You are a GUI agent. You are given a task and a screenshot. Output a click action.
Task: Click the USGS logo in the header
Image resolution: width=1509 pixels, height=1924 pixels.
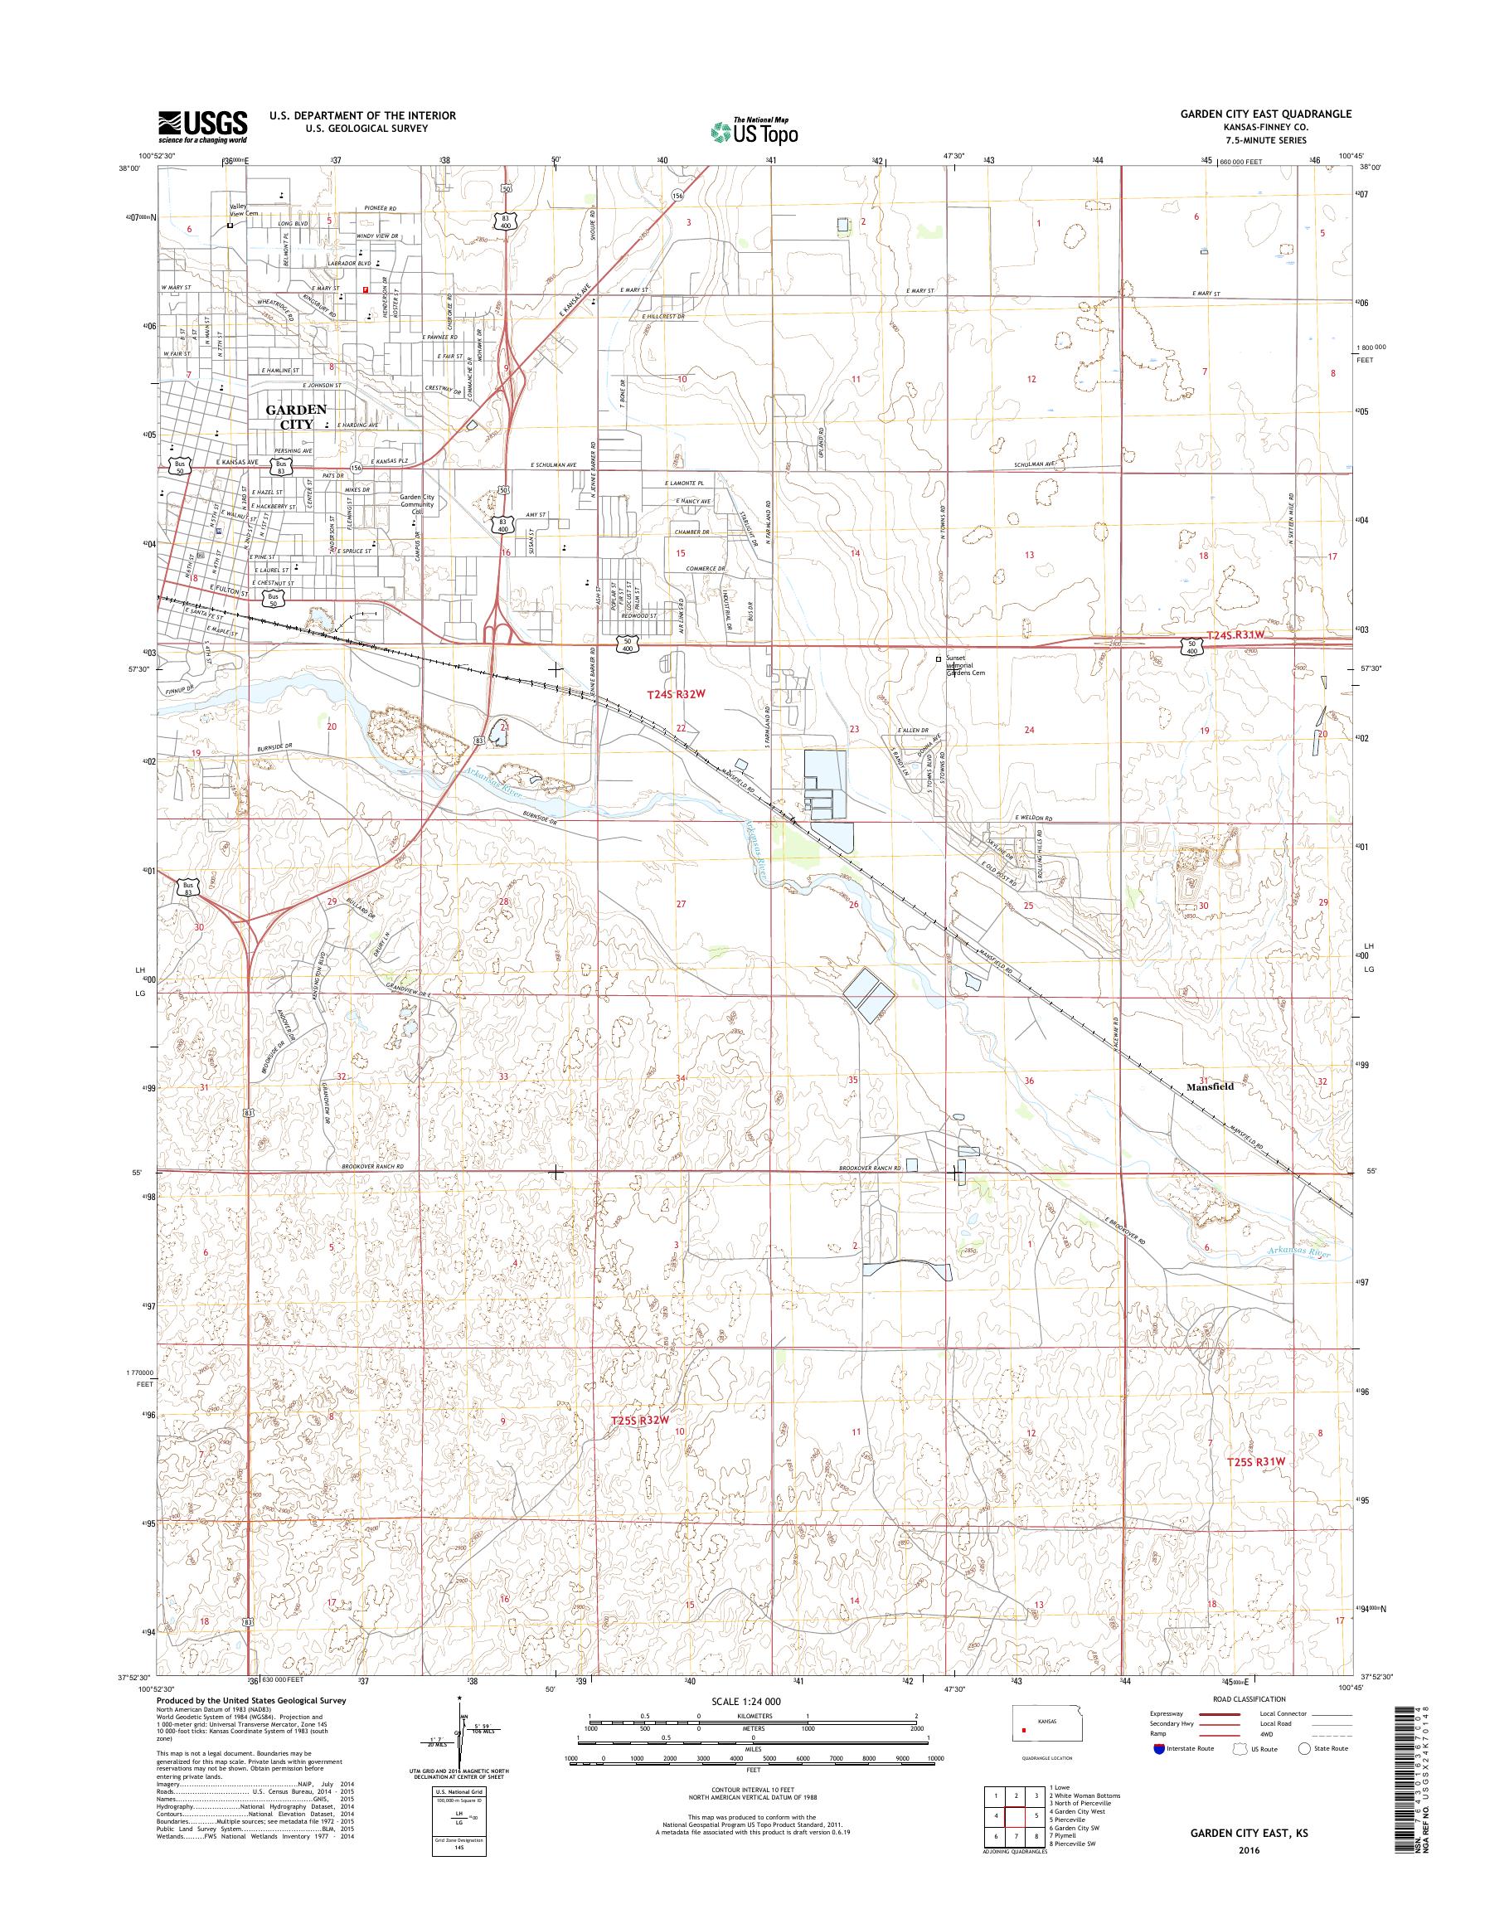pyautogui.click(x=202, y=126)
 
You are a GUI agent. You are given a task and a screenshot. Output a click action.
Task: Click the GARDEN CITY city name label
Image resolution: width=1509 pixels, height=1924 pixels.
pyautogui.click(x=296, y=416)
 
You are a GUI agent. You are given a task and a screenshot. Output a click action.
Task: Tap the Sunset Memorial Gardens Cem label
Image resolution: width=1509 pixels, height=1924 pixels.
pyautogui.click(x=965, y=665)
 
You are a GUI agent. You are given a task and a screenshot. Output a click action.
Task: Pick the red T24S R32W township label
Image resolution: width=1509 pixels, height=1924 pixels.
pyautogui.click(x=676, y=695)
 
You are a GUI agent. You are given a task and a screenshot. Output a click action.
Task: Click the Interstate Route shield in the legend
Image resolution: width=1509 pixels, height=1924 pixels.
pyautogui.click(x=1158, y=1748)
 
